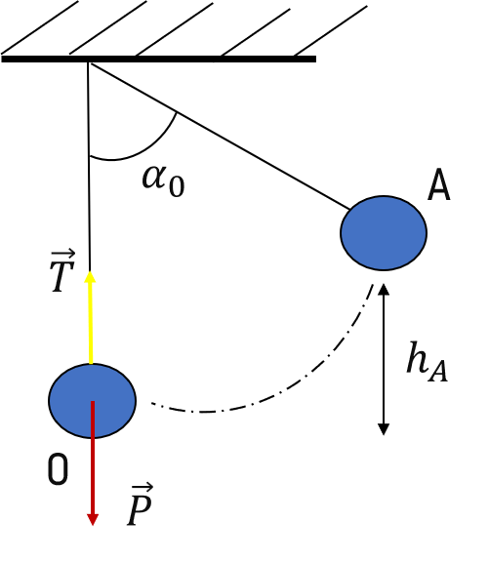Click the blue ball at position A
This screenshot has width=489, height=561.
[384, 233]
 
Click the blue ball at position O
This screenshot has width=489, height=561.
[93, 401]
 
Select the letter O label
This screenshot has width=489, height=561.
[58, 469]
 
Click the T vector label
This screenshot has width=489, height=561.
[62, 272]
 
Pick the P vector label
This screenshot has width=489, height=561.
[140, 504]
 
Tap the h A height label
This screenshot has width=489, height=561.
[427, 362]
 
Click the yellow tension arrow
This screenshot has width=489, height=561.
[90, 317]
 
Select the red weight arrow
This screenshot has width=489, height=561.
[93, 463]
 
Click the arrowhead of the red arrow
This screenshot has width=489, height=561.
[93, 520]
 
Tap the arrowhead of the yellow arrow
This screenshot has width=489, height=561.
[90, 276]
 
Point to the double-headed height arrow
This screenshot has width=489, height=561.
[384, 359]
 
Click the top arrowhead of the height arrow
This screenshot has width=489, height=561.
[384, 289]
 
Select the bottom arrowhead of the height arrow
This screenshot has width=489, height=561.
[384, 429]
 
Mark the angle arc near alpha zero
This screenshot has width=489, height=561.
[144, 149]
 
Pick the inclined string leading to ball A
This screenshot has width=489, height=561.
[221, 137]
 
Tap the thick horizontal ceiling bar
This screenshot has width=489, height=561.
[158, 60]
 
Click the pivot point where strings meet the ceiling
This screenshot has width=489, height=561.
[89, 63]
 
